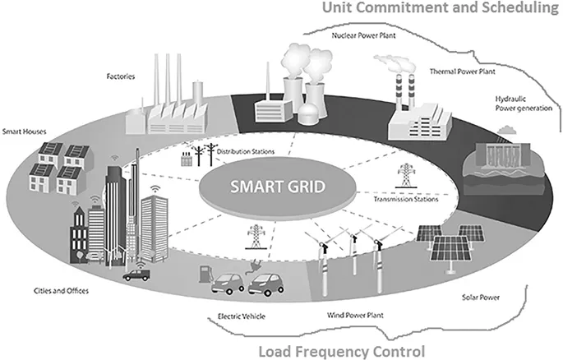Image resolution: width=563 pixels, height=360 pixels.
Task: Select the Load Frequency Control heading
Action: point(341,352)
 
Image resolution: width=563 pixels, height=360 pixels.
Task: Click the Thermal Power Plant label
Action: point(464,72)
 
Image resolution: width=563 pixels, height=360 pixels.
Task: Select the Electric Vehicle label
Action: point(235,316)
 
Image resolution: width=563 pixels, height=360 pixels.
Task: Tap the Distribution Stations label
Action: point(240,150)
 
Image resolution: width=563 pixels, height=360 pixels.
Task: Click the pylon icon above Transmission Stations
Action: point(405,176)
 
